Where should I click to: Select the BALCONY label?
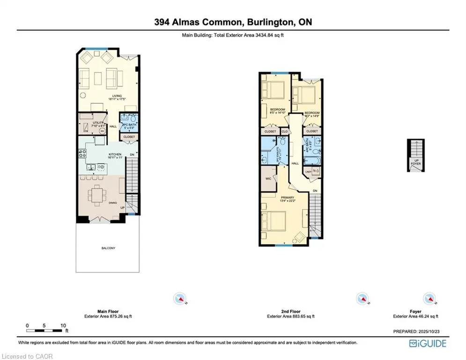107,248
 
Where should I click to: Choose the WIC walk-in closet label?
268,179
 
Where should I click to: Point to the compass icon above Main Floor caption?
180,298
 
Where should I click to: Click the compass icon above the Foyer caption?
428,298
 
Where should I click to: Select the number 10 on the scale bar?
63,325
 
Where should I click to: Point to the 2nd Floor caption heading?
290,311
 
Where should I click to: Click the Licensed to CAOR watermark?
27,356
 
